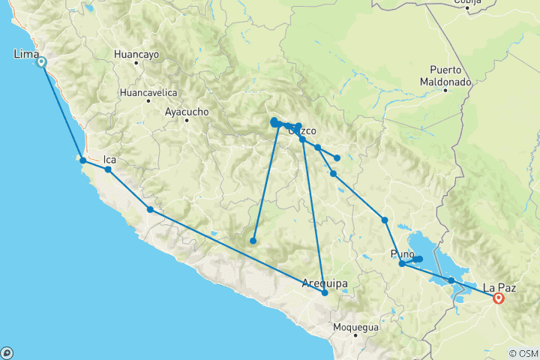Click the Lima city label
tap(26, 54)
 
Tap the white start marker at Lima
tap(41, 63)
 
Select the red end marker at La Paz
tap(498, 298)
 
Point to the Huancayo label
tap(136, 55)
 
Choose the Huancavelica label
tap(148, 93)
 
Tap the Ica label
tap(109, 159)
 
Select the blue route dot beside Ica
tap(108, 169)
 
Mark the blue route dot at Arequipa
tap(325, 292)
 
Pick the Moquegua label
tap(356, 328)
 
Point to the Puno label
tap(403, 253)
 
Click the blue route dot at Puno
tap(402, 263)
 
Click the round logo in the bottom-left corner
tap(7, 352)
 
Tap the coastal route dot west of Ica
tap(82, 160)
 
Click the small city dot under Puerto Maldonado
tap(445, 91)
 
